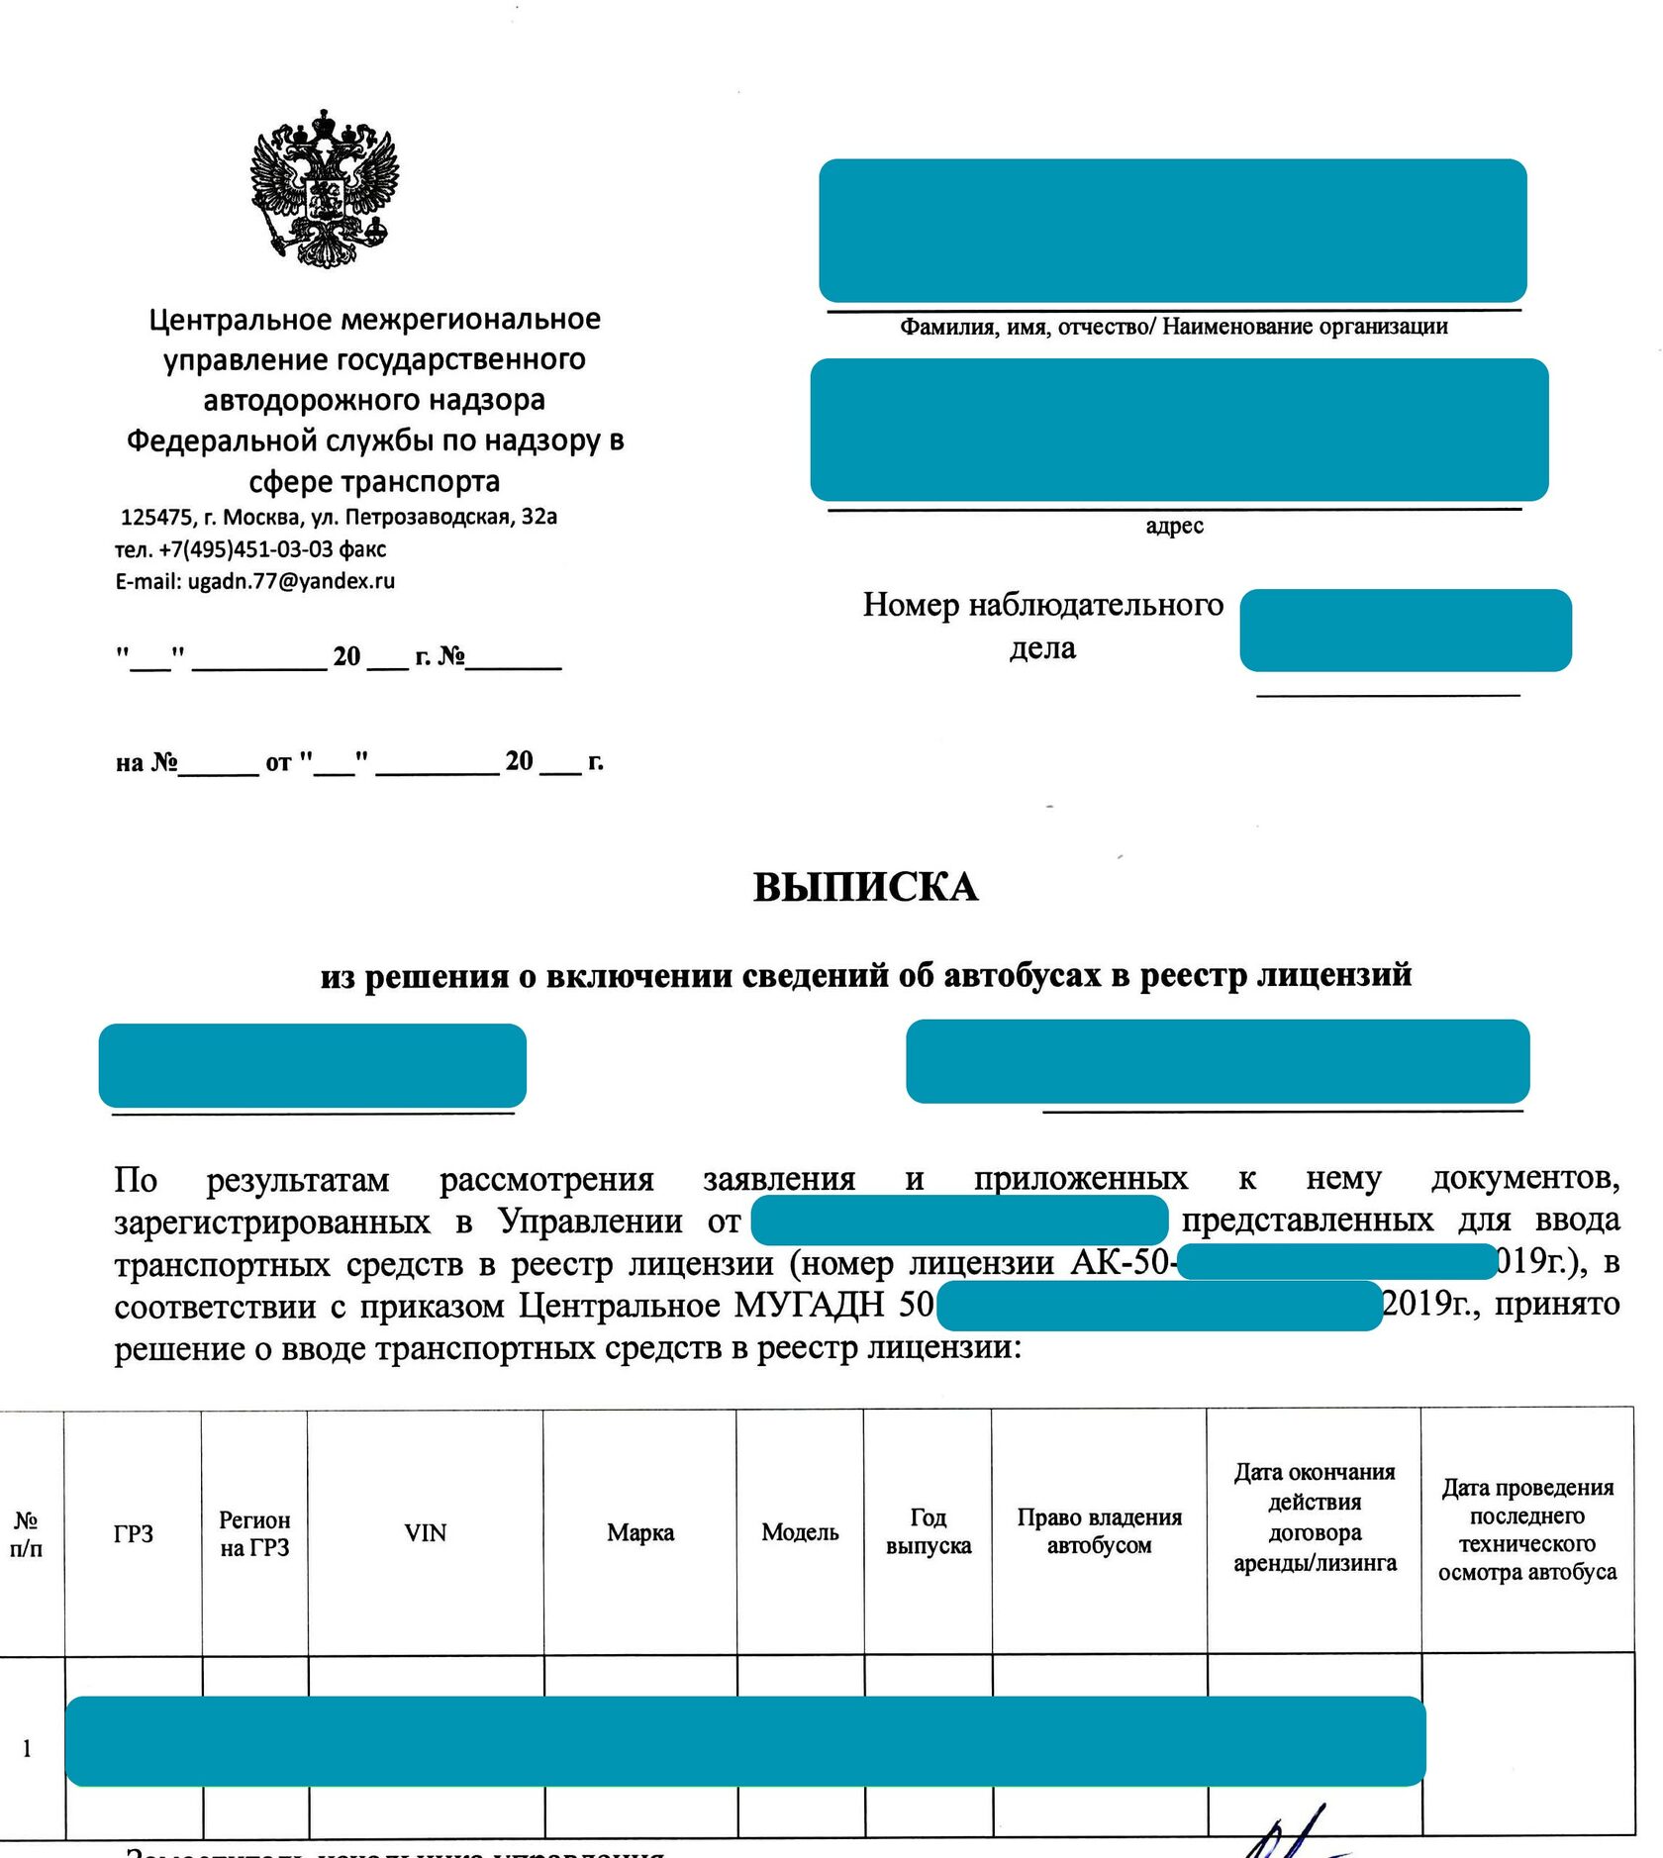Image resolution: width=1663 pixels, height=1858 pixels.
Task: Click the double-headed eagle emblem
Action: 324,188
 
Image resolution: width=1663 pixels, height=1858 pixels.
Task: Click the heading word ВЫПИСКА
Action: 865,887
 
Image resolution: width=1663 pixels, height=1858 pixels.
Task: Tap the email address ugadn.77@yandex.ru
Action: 291,581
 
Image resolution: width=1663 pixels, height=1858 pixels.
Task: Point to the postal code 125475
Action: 156,517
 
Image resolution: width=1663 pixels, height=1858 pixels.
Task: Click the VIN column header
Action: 426,1532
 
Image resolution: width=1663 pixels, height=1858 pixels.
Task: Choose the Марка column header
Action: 640,1532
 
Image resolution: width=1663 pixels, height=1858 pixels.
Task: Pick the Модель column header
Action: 800,1532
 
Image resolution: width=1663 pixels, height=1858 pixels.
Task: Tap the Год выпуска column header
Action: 928,1531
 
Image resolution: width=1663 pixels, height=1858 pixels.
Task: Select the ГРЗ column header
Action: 134,1533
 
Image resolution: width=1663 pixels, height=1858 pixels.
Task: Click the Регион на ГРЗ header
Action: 254,1533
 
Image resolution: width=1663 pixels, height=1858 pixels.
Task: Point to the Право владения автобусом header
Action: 1099,1531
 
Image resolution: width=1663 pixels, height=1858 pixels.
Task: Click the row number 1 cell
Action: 27,1749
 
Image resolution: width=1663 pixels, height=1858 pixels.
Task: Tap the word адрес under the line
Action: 1174,527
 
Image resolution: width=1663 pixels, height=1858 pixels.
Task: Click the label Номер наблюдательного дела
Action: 1042,626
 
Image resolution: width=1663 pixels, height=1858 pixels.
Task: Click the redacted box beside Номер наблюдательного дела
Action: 1405,631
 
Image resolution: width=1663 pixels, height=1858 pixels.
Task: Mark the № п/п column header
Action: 27,1533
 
